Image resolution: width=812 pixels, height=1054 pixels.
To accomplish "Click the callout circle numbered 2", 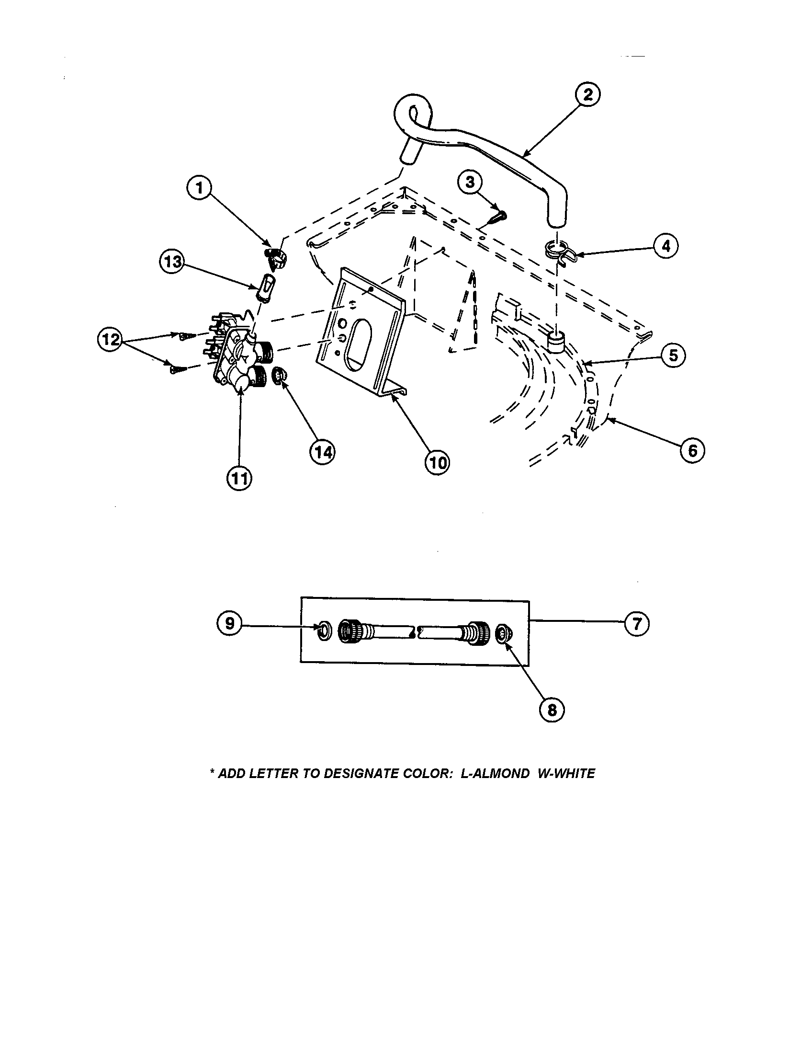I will [x=587, y=94].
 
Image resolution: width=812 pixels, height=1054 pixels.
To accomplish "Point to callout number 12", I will [x=111, y=339].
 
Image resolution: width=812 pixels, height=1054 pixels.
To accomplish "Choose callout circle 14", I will [x=322, y=452].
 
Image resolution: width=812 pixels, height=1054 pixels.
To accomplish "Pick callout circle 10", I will [x=437, y=463].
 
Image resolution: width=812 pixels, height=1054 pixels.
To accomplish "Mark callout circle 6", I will [x=692, y=451].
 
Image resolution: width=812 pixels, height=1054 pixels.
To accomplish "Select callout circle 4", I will [x=666, y=247].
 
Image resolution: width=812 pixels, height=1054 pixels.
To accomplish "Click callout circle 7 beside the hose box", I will [x=636, y=624].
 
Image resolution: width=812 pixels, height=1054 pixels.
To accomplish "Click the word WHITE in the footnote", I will [x=574, y=774].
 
